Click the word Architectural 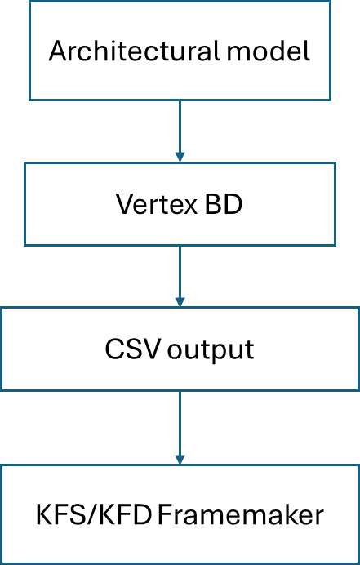pos(134,51)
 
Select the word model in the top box pos(268,51)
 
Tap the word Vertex pos(157,204)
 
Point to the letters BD pos(224,204)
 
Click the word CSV pos(131,349)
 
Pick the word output pos(211,350)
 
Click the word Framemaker pos(241,515)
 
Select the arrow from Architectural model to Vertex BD pos(180,131)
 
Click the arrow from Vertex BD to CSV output pos(180,276)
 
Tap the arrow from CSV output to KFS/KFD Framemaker pos(180,428)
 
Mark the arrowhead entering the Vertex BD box pos(180,157)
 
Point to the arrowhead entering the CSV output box pos(180,302)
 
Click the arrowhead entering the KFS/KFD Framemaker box pos(180,460)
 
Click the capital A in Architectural pos(59,51)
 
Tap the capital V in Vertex pos(126,204)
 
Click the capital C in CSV pos(113,349)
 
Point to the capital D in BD pos(233,204)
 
